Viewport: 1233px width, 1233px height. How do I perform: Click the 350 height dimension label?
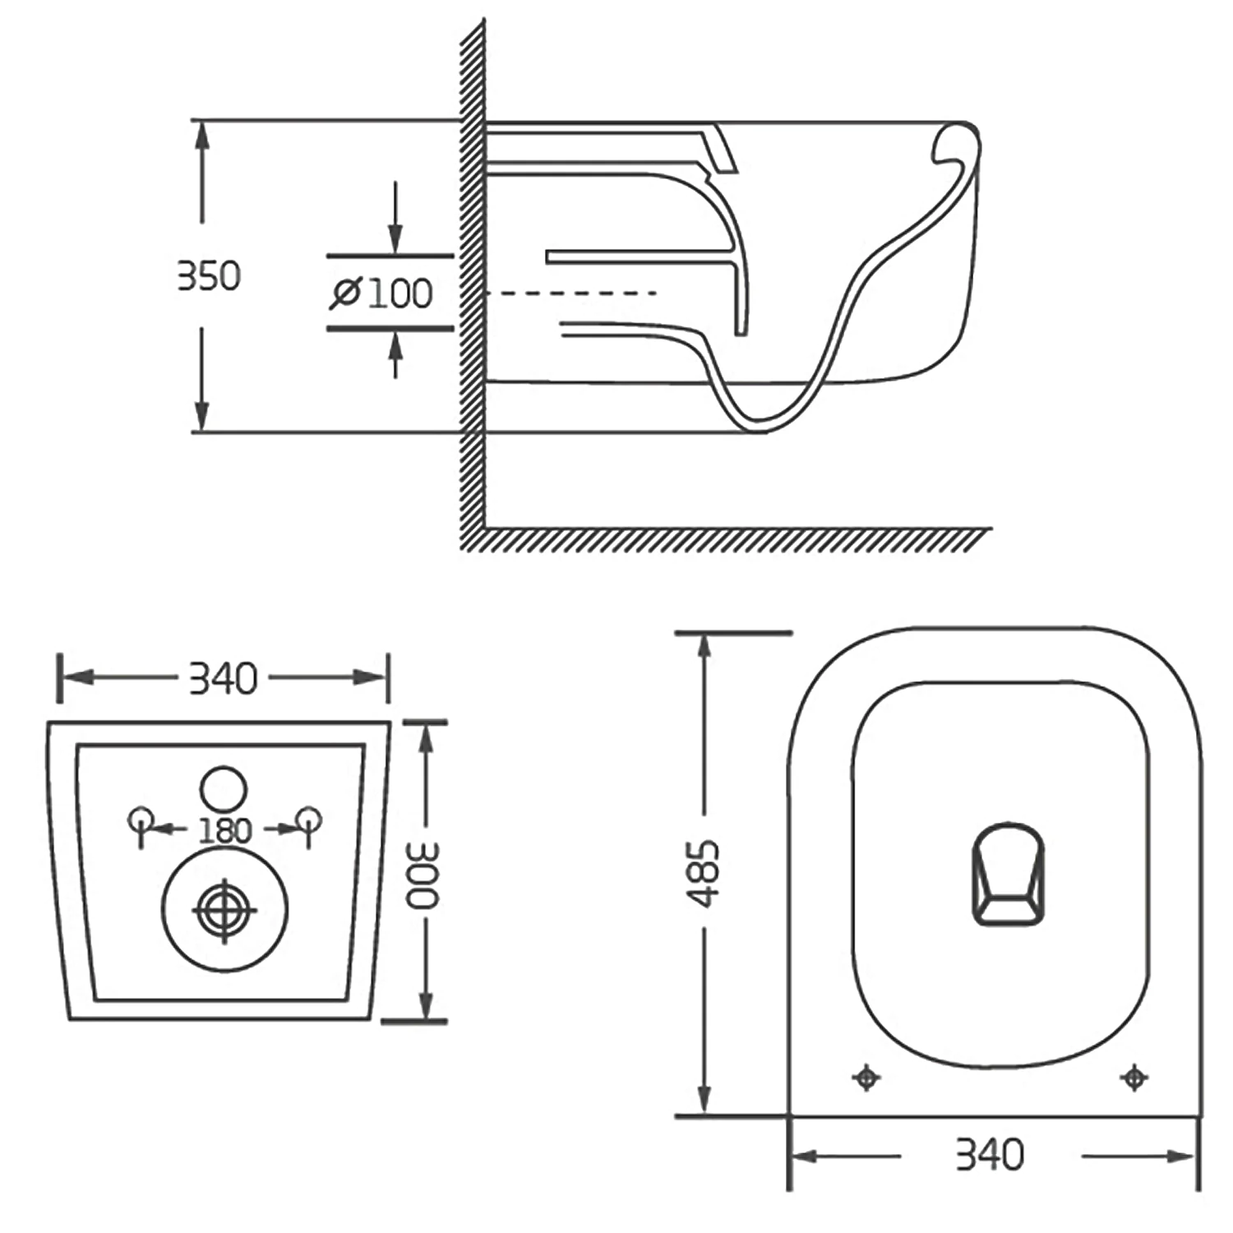point(209,275)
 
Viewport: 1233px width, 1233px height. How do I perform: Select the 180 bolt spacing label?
point(224,831)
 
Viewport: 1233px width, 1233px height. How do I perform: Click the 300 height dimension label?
point(424,875)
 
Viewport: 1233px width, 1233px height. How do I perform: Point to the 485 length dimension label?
point(704,873)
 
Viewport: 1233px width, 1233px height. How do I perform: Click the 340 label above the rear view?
point(223,679)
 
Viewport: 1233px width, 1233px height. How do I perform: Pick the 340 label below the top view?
point(990,1155)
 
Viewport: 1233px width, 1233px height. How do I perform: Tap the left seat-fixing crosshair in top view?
point(866,1077)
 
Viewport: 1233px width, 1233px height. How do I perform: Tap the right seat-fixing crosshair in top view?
point(1134,1076)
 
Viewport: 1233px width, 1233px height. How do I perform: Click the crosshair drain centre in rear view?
point(224,910)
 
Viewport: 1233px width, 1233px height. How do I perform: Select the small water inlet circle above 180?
point(224,788)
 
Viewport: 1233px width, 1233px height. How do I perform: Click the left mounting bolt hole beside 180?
point(141,820)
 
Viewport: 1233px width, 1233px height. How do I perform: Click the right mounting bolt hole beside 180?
point(309,820)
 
